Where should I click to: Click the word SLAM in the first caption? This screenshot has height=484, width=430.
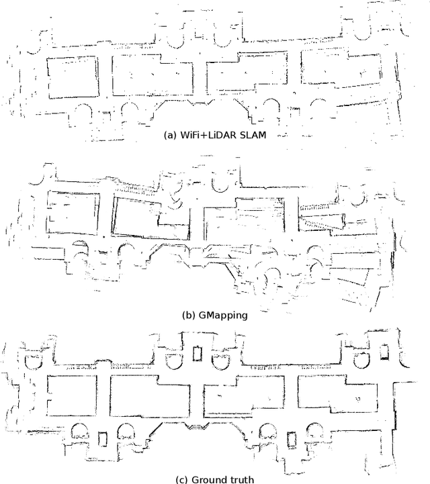pyautogui.click(x=252, y=134)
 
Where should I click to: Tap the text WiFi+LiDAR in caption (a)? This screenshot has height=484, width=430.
pyautogui.click(x=206, y=134)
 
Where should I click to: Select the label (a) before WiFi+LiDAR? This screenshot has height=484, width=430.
pyautogui.click(x=169, y=134)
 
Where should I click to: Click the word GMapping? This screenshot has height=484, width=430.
pyautogui.click(x=219, y=313)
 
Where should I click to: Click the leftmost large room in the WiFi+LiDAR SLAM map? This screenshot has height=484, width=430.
pyautogui.click(x=71, y=78)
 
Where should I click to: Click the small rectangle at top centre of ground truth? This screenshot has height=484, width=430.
pyautogui.click(x=198, y=352)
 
